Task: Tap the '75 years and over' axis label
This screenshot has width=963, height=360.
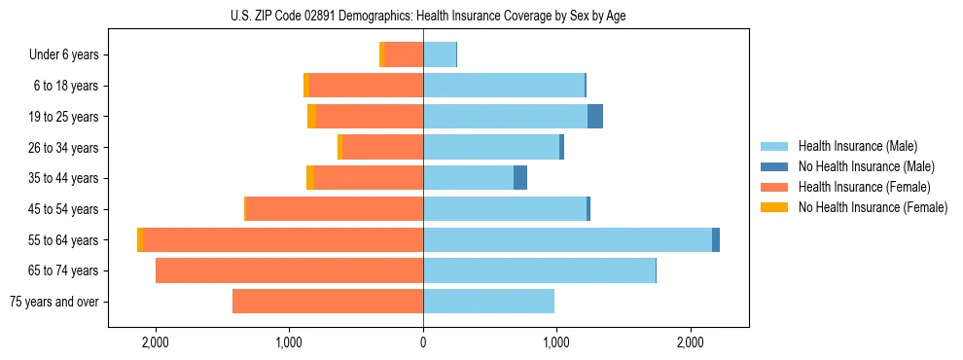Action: coord(53,302)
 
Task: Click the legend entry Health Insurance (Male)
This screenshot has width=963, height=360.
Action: coord(856,146)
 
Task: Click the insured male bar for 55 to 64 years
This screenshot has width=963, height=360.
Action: coord(567,239)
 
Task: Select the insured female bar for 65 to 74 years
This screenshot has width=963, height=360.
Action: coord(289,270)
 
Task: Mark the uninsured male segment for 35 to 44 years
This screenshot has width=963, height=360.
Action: coord(520,178)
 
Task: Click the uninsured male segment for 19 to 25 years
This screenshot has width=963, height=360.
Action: coord(595,117)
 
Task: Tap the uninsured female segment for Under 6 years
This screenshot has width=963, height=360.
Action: coord(381,55)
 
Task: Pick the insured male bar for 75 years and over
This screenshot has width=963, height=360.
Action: coord(488,302)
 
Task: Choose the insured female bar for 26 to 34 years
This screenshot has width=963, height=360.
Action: coord(382,147)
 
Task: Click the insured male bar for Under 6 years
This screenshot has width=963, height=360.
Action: coord(439,55)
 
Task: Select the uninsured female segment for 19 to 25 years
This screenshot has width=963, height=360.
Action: coord(311,117)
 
